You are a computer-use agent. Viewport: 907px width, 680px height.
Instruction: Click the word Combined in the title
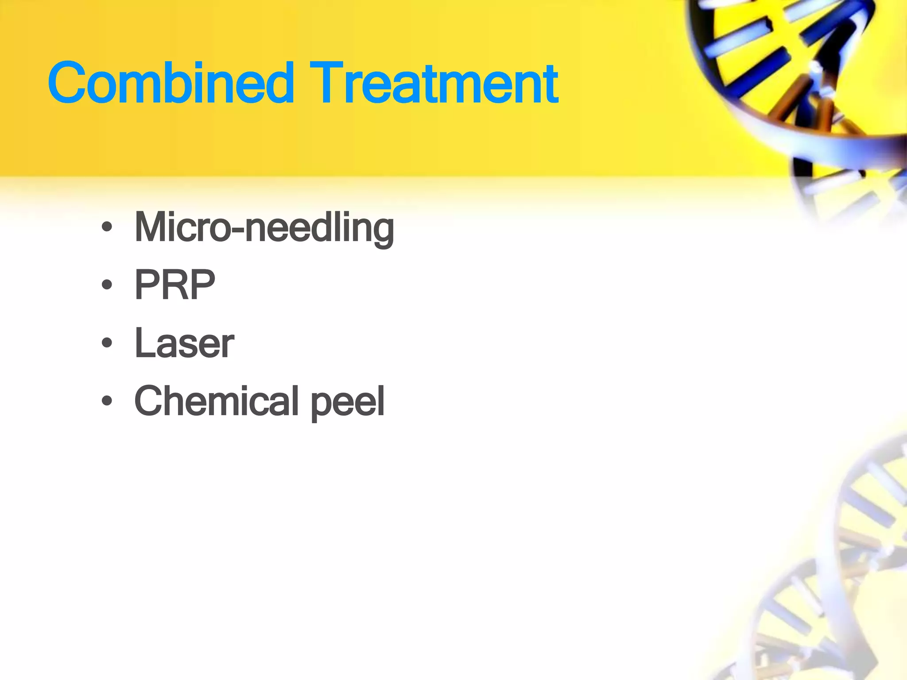click(x=171, y=83)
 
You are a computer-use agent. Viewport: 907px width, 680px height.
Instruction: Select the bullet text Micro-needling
click(x=264, y=228)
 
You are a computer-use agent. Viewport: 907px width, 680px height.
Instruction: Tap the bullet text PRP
click(x=175, y=285)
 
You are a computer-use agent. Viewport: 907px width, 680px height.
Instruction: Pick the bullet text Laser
click(x=184, y=343)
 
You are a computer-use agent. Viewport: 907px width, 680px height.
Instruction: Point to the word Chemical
click(x=216, y=401)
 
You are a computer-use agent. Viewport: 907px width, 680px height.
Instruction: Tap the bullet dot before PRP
click(x=107, y=285)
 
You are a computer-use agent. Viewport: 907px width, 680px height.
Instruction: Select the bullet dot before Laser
click(x=107, y=343)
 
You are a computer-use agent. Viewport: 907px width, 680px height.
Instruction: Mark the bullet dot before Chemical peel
click(x=107, y=401)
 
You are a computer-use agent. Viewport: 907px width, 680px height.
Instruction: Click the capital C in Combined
click(x=69, y=83)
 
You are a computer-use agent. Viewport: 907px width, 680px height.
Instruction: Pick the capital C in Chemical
click(x=150, y=401)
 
